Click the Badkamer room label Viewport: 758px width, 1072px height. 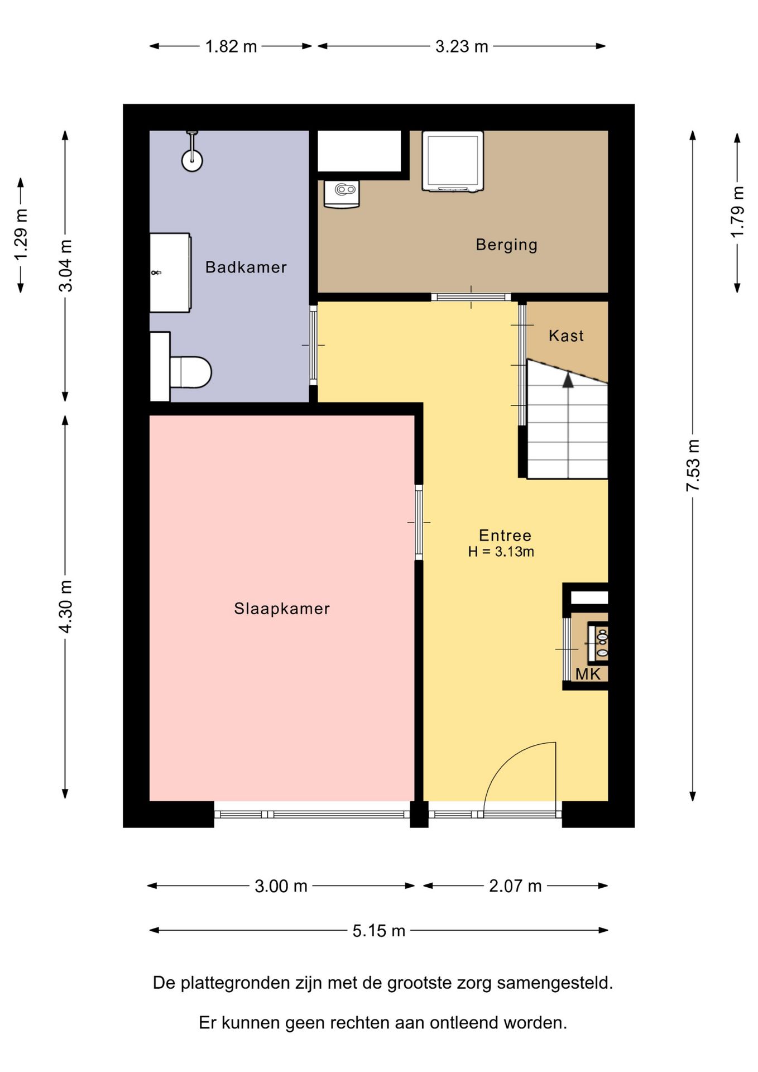tap(246, 267)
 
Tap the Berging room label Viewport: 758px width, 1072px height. tap(506, 245)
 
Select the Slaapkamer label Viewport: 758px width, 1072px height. tap(282, 608)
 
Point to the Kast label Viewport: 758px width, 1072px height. tap(566, 336)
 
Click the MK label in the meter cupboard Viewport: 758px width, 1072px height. tap(588, 674)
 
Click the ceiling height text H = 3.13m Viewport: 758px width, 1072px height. tap(501, 552)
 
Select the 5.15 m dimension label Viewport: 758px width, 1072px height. tap(378, 931)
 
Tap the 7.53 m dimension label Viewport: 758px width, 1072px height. tap(693, 465)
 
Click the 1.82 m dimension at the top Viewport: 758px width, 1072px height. tap(231, 46)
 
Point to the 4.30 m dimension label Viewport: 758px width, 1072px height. tap(66, 606)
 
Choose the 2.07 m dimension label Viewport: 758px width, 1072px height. tap(515, 886)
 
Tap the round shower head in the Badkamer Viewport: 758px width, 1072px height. tap(192, 160)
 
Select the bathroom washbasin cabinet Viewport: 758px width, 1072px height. tap(171, 272)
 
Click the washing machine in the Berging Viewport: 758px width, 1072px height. tap(452, 162)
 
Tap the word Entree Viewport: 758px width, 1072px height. tap(505, 535)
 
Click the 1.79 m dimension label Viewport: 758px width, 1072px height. tap(737, 212)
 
